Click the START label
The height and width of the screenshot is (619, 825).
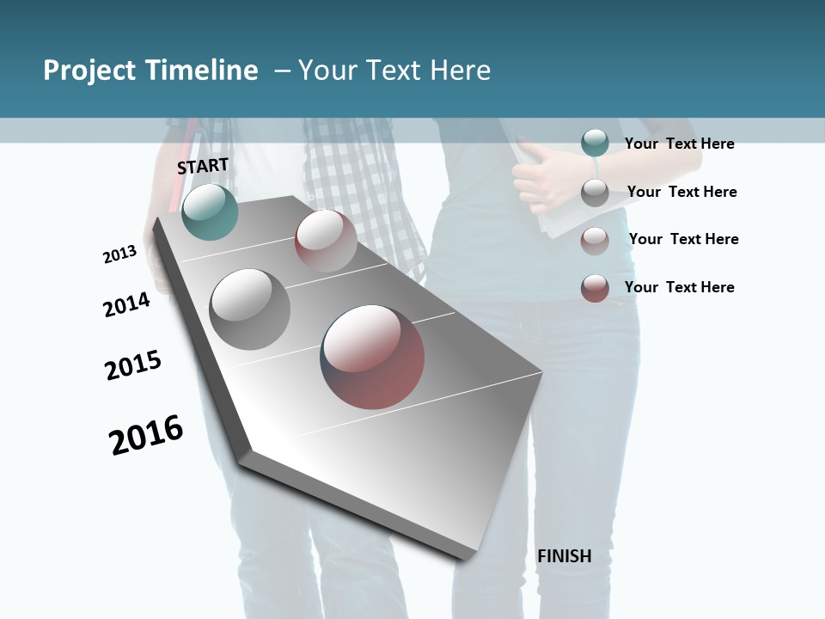tap(203, 166)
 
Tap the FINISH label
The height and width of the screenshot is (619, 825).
tap(564, 556)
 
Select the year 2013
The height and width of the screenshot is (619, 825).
tap(119, 254)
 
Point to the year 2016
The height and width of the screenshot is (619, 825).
tap(146, 435)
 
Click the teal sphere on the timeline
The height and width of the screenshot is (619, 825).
tap(210, 211)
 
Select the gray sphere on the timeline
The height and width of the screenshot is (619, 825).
tap(249, 309)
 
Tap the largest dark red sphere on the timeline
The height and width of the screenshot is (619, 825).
tap(372, 356)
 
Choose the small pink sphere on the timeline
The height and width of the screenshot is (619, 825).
tap(326, 241)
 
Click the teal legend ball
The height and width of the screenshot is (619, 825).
tap(595, 143)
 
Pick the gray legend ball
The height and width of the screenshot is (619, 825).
tap(595, 193)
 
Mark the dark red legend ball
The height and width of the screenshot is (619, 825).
tap(595, 288)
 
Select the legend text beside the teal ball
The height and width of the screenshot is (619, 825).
tap(679, 144)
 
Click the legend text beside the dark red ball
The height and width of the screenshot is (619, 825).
tap(679, 287)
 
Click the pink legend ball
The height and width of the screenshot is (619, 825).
tap(595, 241)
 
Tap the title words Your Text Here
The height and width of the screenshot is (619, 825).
tap(394, 70)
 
